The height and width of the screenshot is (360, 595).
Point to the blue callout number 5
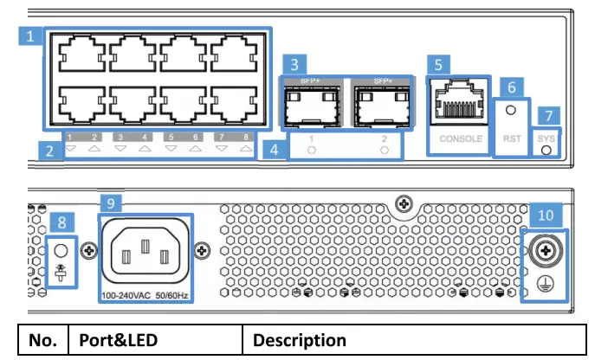[x=441, y=63]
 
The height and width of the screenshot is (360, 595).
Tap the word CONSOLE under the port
[x=458, y=138]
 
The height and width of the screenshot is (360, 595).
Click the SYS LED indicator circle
[x=546, y=149]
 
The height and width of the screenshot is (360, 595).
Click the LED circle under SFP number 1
[x=311, y=150]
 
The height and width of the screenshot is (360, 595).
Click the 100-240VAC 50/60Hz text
[x=146, y=297]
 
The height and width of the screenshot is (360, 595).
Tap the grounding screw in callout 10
[x=546, y=250]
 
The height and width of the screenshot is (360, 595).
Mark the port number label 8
[x=248, y=137]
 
